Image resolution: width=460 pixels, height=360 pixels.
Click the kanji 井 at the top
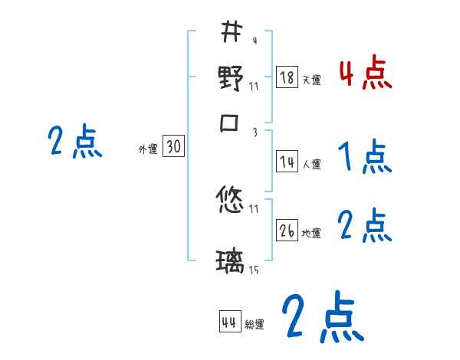click(231, 33)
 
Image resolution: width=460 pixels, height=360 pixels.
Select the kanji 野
click(230, 79)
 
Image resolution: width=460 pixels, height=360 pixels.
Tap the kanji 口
click(231, 125)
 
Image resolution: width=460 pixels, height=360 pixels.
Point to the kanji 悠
click(230, 201)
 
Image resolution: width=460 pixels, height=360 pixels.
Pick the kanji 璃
click(230, 263)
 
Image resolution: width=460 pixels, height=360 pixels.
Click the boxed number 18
click(287, 77)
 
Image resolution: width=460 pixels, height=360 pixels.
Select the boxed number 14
click(287, 162)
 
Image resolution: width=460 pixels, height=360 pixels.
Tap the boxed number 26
click(287, 231)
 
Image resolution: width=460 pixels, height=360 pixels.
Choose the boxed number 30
click(174, 147)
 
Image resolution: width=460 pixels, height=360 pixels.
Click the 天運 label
click(311, 80)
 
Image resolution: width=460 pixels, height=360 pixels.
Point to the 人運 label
click(311, 164)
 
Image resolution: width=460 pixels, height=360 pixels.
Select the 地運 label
click(311, 233)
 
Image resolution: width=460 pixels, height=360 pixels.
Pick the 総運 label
click(255, 325)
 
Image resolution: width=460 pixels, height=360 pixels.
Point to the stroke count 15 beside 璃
click(253, 270)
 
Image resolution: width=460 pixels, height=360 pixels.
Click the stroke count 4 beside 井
click(254, 41)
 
